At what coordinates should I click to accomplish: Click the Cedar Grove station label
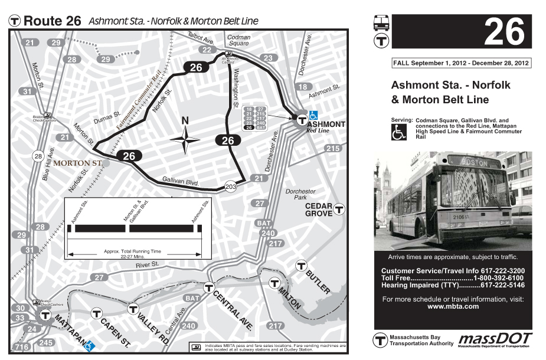pyautogui.click(x=319, y=210)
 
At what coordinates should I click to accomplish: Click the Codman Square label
pyautogui.click(x=238, y=40)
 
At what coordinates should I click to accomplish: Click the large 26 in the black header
pyautogui.click(x=503, y=32)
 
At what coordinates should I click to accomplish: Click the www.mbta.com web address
pyautogui.click(x=453, y=306)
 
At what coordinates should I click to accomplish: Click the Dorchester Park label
pyautogui.click(x=300, y=195)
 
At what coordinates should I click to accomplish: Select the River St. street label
pyautogui.click(x=148, y=266)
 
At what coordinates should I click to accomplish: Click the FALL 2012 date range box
pyautogui.click(x=461, y=63)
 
